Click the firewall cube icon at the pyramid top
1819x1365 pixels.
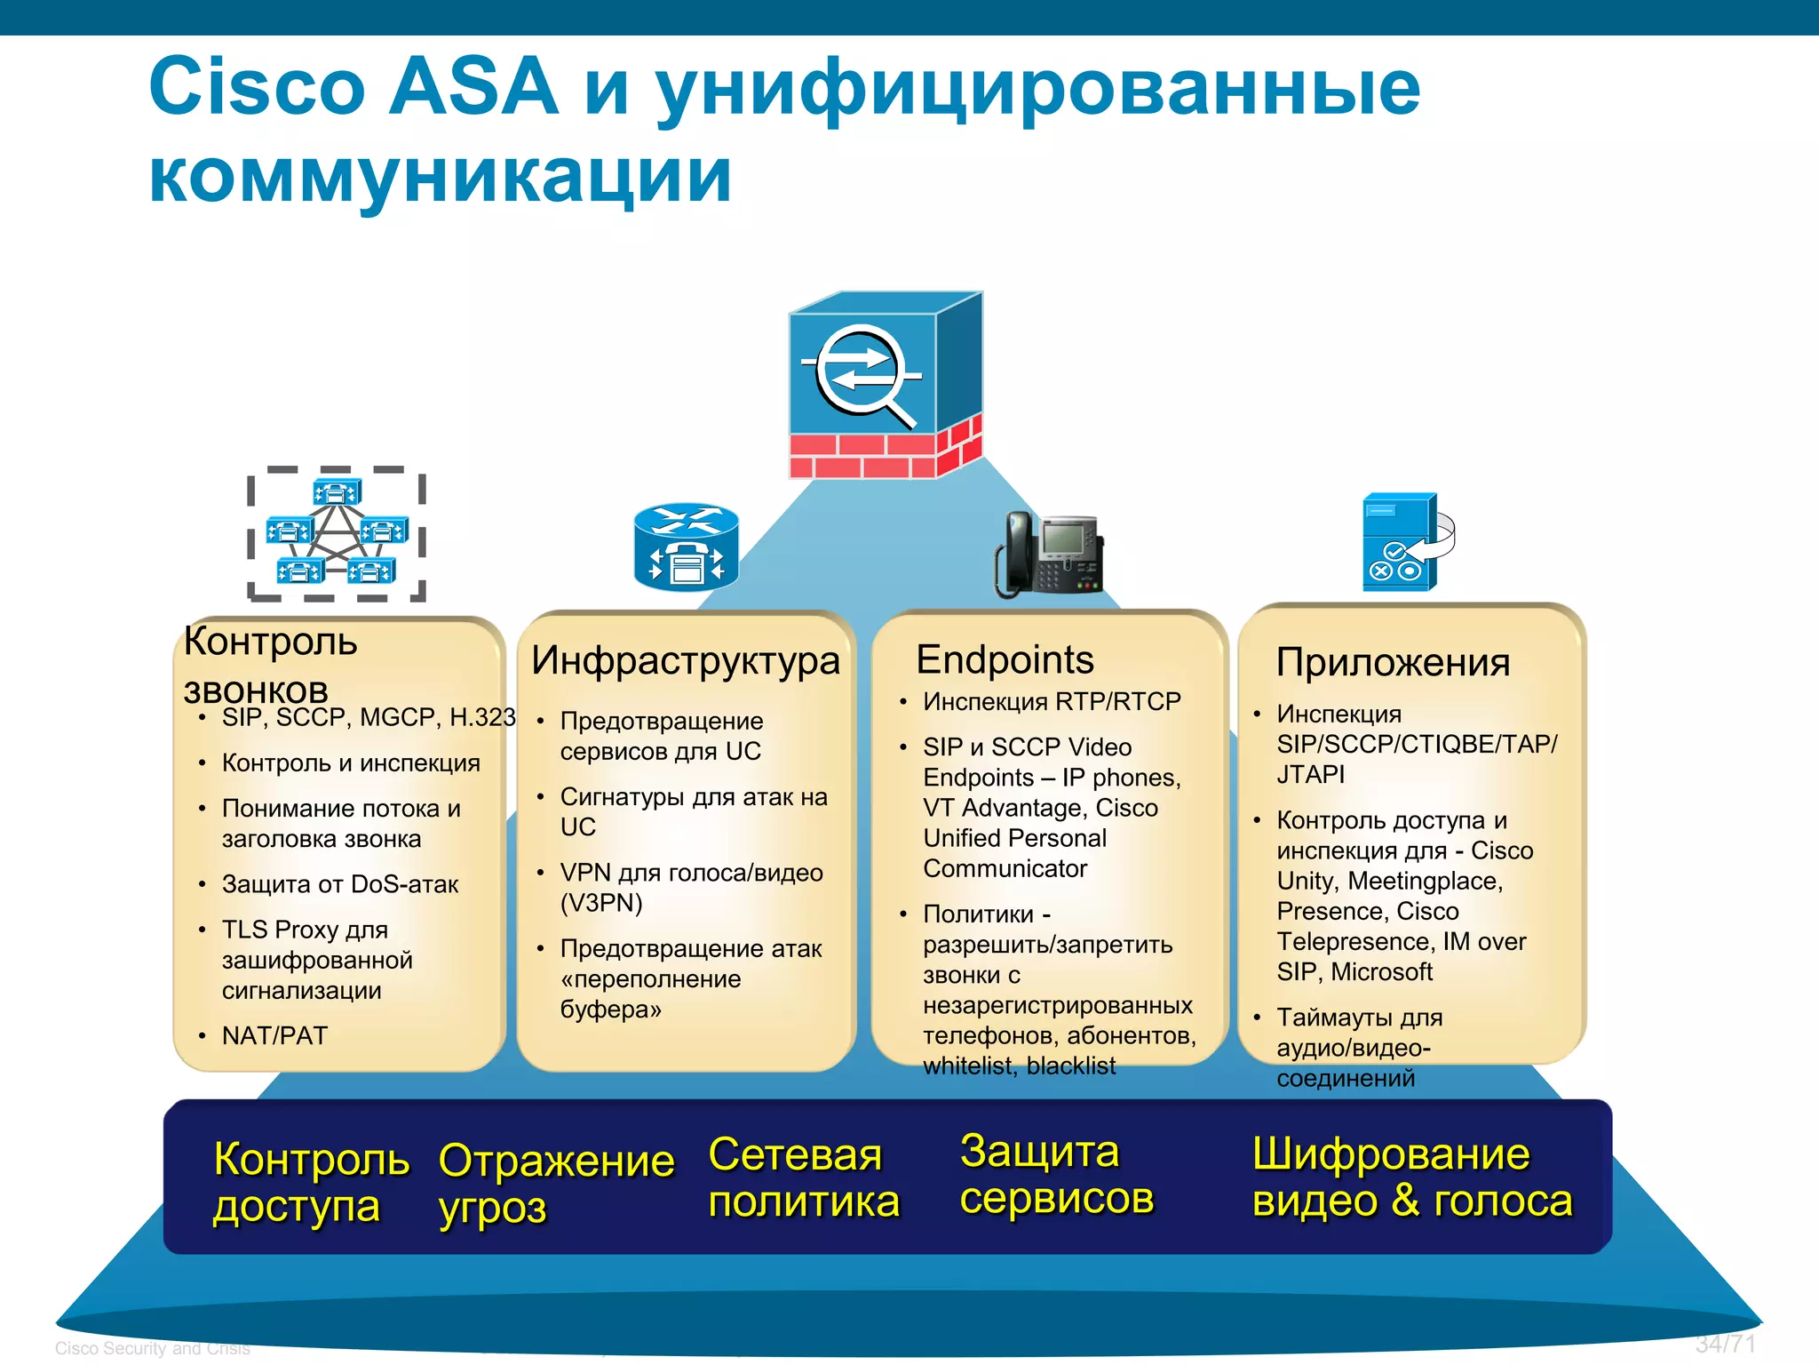885,386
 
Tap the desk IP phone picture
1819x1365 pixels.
1050,554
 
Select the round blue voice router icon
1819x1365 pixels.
686,547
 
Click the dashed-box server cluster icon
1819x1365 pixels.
336,534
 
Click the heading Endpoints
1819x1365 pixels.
1005,660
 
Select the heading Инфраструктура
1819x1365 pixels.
685,661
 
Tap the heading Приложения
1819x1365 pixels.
1393,663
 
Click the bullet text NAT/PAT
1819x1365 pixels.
274,1035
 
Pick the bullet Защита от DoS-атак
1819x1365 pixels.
340,884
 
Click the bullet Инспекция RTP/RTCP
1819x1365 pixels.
1052,702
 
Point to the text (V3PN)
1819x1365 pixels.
600,903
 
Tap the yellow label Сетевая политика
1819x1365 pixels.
803,1178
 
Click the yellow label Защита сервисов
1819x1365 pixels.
1056,1175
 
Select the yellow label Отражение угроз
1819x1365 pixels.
556,1184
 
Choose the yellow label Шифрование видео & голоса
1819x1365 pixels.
1411,1177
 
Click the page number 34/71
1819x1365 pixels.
1725,1344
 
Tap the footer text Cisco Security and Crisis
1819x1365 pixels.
152,1348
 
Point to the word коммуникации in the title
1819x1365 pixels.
440,175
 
